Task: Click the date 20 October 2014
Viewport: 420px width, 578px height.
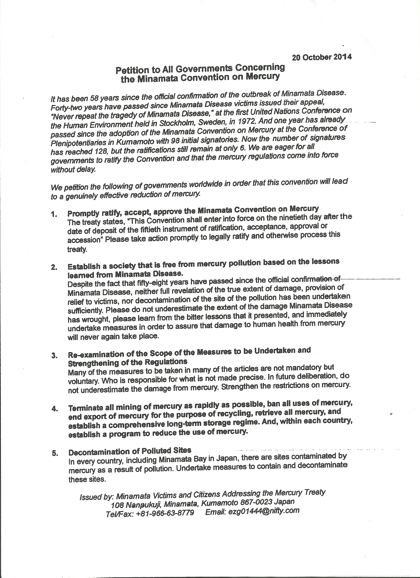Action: tap(322, 57)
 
